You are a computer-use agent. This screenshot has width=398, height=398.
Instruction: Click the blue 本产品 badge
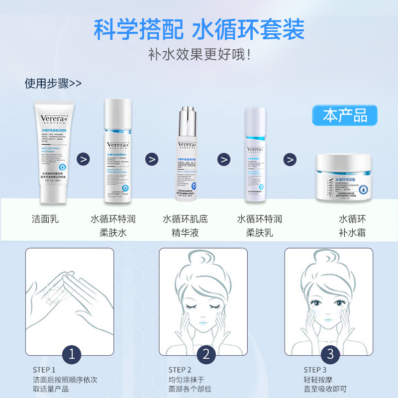tap(345, 115)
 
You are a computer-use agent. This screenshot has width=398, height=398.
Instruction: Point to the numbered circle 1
tap(74, 354)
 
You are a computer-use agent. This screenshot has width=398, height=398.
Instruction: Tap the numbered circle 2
tap(205, 354)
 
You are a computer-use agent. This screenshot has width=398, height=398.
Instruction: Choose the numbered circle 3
tap(330, 354)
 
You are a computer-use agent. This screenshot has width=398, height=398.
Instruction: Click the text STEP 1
tap(44, 370)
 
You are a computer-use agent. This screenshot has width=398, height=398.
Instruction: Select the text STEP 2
tap(180, 370)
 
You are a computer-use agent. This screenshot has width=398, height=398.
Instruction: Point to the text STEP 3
tap(315, 370)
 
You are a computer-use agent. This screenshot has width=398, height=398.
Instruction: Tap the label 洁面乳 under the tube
tap(44, 219)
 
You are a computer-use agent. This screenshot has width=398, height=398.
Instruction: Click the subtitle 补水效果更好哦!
tap(199, 54)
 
